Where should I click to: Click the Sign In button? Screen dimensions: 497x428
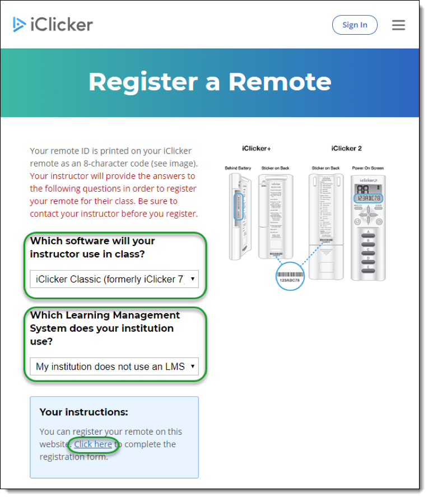(x=355, y=25)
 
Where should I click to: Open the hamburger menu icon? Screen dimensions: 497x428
(x=398, y=25)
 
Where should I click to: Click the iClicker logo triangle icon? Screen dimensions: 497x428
(x=20, y=25)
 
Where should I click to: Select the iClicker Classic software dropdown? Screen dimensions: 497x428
(x=114, y=279)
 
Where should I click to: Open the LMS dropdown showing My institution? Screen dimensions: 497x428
(x=114, y=366)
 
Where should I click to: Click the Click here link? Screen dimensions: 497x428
(x=93, y=444)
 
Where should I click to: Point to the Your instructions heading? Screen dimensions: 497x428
(x=83, y=412)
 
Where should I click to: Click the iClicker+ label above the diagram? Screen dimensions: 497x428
(x=257, y=148)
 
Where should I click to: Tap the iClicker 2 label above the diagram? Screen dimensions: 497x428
(x=346, y=148)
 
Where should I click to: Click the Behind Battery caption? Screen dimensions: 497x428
(x=238, y=168)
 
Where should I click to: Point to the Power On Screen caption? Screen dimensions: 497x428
(x=368, y=168)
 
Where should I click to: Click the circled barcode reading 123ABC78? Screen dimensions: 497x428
(x=290, y=274)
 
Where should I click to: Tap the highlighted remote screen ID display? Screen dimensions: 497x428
(x=368, y=198)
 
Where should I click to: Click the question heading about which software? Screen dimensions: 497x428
(x=92, y=247)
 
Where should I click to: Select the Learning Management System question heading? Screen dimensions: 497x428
(x=105, y=328)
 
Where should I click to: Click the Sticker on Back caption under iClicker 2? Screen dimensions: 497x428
(x=325, y=168)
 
